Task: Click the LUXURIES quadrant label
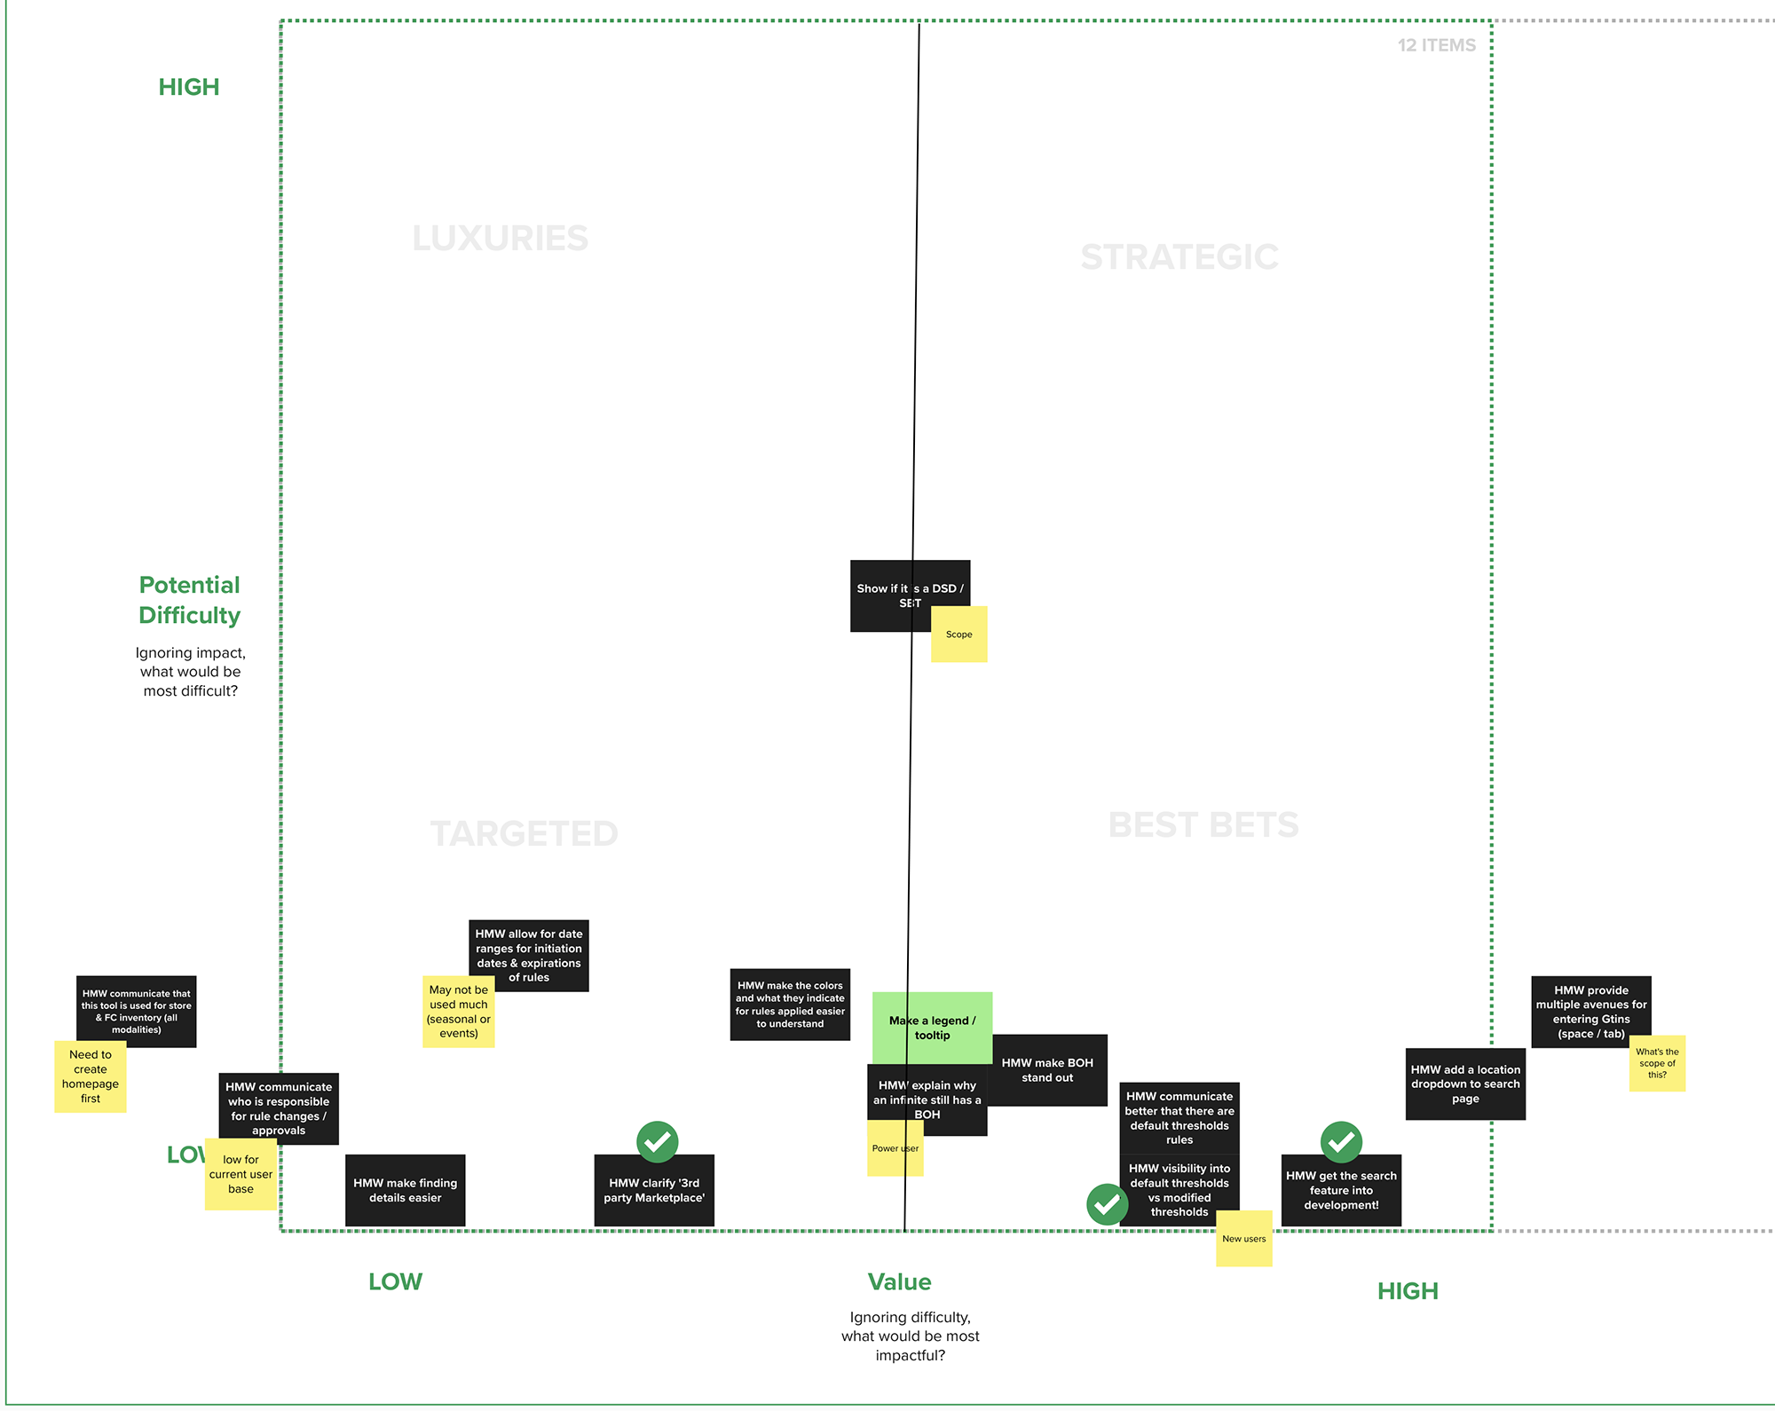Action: pyautogui.click(x=500, y=239)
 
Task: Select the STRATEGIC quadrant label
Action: pyautogui.click(x=1179, y=257)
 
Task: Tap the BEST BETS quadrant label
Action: pyautogui.click(x=1203, y=825)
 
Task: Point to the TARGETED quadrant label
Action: pyautogui.click(x=524, y=834)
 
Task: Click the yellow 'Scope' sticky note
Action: pyautogui.click(x=958, y=635)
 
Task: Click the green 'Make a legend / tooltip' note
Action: pyautogui.click(x=932, y=1027)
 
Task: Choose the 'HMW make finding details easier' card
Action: pyautogui.click(x=405, y=1190)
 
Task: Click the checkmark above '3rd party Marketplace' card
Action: pyautogui.click(x=657, y=1141)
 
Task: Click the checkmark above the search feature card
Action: pyautogui.click(x=1341, y=1141)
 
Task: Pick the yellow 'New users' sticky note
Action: pyautogui.click(x=1243, y=1239)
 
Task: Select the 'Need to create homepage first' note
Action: pyautogui.click(x=90, y=1076)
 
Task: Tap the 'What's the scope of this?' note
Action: pyautogui.click(x=1657, y=1063)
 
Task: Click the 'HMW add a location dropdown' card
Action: pyautogui.click(x=1465, y=1084)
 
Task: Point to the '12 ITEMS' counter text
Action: pyautogui.click(x=1436, y=45)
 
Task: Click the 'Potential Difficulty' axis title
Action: pyautogui.click(x=190, y=600)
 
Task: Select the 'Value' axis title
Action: pyautogui.click(x=899, y=1281)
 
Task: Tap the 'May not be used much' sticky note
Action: pyautogui.click(x=458, y=1012)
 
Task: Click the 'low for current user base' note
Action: pyautogui.click(x=241, y=1174)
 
